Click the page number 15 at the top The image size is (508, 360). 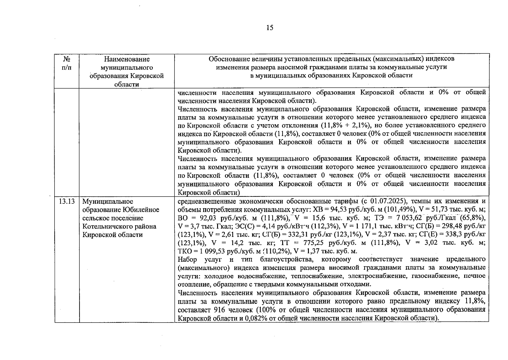pos(270,28)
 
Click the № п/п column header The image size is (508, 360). pos(67,63)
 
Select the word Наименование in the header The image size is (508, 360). pos(127,59)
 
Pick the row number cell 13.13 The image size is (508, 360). pos(67,201)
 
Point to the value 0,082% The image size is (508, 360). pos(256,318)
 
